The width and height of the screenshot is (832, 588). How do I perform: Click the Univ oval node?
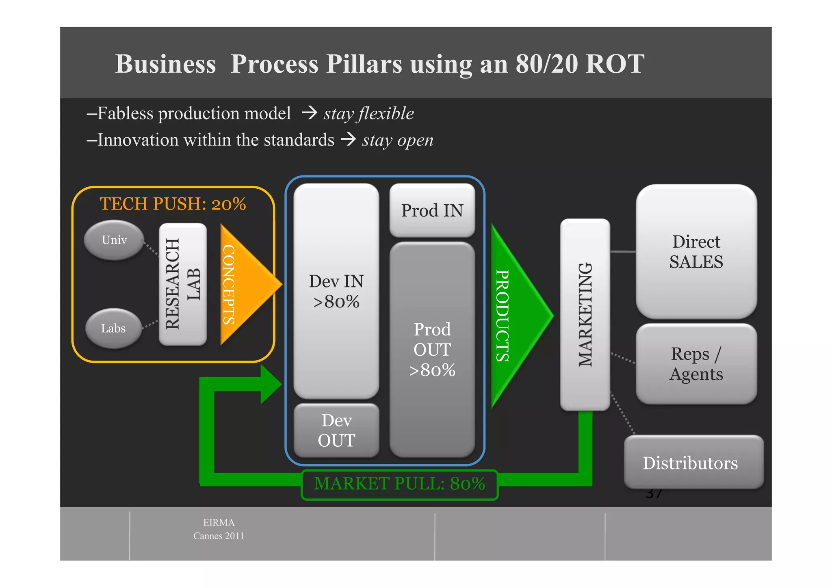[114, 240]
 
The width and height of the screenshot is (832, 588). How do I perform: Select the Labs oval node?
[113, 328]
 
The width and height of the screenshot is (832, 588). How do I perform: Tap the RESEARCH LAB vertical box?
[183, 284]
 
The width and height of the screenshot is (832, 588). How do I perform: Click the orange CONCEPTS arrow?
[244, 284]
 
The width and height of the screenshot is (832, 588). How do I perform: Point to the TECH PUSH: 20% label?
[173, 204]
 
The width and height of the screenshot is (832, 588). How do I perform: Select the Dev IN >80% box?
[336, 291]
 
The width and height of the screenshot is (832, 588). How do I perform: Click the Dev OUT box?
[336, 430]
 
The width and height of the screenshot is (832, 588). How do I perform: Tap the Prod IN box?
[432, 210]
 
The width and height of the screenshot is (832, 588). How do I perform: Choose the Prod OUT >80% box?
[432, 349]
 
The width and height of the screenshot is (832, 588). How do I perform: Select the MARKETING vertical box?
[585, 315]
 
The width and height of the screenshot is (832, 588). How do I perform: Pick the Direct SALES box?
[696, 251]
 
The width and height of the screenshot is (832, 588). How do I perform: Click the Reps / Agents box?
[696, 364]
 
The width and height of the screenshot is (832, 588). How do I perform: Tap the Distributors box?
[693, 463]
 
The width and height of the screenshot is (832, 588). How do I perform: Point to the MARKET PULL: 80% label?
[399, 484]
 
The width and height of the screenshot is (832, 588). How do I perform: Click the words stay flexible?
[368, 113]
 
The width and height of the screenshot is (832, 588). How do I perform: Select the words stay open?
[397, 140]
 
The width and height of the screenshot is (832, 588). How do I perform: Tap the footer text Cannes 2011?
[219, 536]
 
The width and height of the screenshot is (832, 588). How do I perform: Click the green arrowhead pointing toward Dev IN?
[270, 384]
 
